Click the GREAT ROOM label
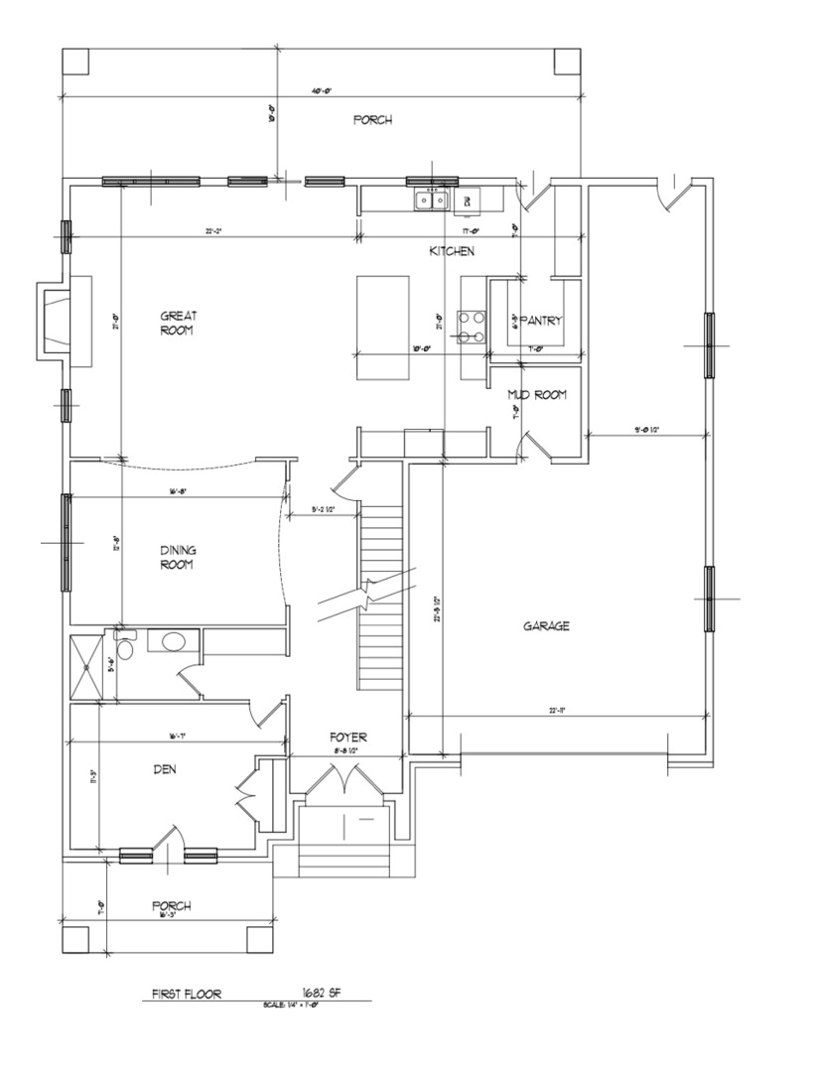click(179, 324)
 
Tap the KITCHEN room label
click(452, 252)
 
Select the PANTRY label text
click(541, 321)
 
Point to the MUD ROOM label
click(537, 395)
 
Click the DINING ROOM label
click(177, 558)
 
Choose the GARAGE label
click(546, 626)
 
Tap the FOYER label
click(348, 737)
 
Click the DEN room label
click(165, 768)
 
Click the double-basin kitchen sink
click(431, 201)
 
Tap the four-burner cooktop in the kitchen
click(472, 327)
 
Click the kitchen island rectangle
click(384, 328)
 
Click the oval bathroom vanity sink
click(172, 641)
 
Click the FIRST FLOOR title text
click(186, 993)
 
